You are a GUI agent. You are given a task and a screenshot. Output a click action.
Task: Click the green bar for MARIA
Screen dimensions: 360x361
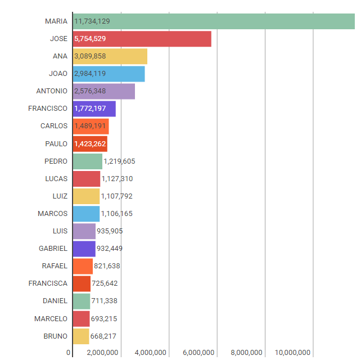coord(225,21)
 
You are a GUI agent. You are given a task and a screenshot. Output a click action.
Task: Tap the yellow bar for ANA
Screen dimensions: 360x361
coord(129,56)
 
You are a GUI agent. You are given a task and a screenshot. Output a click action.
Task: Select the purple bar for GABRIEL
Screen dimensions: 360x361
coord(84,249)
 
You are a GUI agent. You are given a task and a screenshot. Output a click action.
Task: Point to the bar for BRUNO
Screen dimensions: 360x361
coord(81,336)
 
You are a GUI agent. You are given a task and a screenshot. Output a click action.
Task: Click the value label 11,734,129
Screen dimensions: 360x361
coord(92,21)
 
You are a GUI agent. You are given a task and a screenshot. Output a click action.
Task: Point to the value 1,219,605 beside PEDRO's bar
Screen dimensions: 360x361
coord(119,161)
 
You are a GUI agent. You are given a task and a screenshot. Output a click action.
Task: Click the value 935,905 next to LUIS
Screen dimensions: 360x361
coord(110,231)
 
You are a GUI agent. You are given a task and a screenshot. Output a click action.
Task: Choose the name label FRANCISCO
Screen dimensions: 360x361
coord(48,109)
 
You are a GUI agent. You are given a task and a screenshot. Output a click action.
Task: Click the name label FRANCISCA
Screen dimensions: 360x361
coord(48,283)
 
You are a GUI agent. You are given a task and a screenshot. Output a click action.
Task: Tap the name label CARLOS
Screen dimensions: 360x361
coord(54,126)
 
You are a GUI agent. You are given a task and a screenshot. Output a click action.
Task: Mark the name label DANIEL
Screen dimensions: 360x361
coord(55,301)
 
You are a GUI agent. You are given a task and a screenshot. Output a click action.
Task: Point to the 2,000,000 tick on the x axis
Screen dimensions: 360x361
coord(102,353)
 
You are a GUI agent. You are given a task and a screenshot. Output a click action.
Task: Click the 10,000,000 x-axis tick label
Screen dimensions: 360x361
coord(294,353)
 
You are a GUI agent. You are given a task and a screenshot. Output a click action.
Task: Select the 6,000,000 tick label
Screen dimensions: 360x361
coord(198,353)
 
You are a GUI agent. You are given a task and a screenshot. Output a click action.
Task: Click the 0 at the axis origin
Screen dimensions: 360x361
coord(69,353)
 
